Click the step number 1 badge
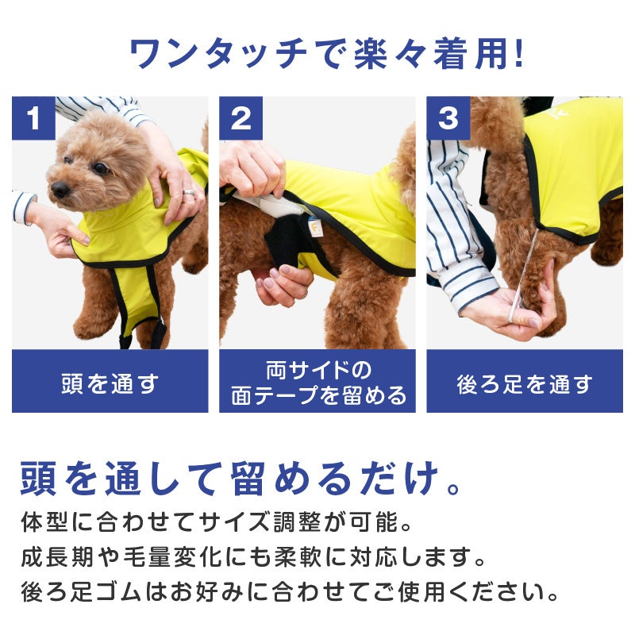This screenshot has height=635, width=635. [33, 117]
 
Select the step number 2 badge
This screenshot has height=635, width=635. [241, 117]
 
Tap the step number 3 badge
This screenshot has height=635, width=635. [448, 117]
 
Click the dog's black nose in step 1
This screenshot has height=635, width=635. [60, 189]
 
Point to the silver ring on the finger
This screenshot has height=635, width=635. [189, 192]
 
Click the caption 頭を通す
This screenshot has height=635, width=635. [110, 383]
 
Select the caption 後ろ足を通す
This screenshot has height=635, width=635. [525, 384]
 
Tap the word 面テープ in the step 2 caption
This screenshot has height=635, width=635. [275, 394]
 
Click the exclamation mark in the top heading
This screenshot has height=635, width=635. [518, 53]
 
